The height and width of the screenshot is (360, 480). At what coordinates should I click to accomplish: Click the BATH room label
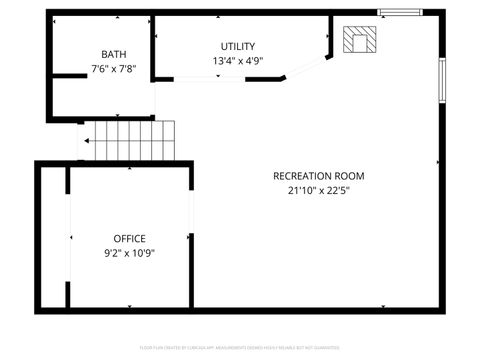click(x=113, y=54)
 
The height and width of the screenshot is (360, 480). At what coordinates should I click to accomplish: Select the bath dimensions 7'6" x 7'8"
click(x=113, y=69)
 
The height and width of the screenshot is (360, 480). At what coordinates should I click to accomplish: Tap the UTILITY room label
click(x=238, y=46)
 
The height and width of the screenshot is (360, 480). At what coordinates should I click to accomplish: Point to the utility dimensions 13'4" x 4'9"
click(x=238, y=61)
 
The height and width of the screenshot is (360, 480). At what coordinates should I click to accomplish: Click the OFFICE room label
click(x=129, y=238)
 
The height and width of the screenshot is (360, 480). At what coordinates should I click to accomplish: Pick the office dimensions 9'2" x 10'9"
click(x=129, y=253)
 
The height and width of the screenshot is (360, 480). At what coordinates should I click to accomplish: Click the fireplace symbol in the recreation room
click(x=360, y=40)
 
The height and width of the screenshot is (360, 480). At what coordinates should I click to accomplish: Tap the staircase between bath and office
click(x=127, y=139)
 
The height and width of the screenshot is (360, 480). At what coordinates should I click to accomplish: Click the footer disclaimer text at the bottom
click(x=239, y=347)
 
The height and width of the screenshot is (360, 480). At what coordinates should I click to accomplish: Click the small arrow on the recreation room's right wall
click(x=437, y=161)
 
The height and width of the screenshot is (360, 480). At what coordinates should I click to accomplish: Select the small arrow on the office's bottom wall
click(x=129, y=305)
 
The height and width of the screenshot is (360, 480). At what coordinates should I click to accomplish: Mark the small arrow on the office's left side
click(x=72, y=238)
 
